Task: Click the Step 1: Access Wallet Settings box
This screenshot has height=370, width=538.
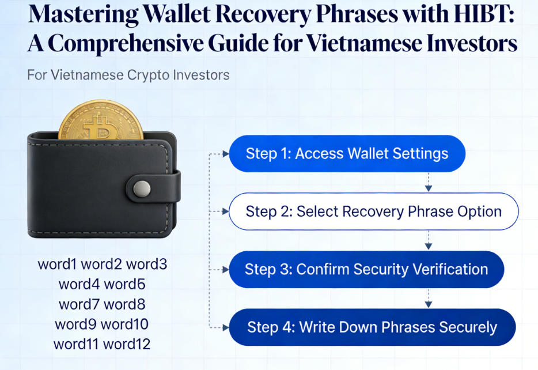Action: pyautogui.click(x=347, y=154)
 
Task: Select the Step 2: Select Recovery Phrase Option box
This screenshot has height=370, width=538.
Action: pyautogui.click(x=373, y=212)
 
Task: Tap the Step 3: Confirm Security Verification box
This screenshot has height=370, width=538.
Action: pyautogui.click(x=366, y=269)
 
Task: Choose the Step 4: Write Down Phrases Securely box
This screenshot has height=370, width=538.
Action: pyautogui.click(x=372, y=327)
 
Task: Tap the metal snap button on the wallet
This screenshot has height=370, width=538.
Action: pyautogui.click(x=142, y=188)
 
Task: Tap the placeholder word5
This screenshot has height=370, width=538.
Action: pyautogui.click(x=124, y=284)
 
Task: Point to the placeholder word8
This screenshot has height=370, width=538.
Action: pyautogui.click(x=124, y=304)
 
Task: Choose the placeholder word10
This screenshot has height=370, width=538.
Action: pyautogui.click(x=124, y=324)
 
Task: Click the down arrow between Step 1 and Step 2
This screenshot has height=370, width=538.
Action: pyautogui.click(x=428, y=185)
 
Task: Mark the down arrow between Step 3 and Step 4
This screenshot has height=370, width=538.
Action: pyautogui.click(x=428, y=301)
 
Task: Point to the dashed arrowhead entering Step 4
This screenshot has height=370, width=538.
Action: pyautogui.click(x=225, y=327)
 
